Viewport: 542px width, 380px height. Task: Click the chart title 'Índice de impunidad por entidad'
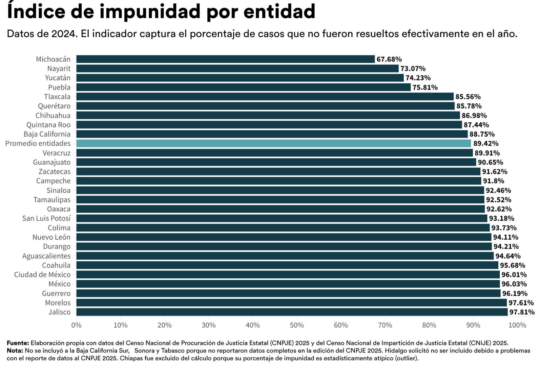click(161, 12)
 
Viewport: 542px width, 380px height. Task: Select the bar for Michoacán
click(226, 59)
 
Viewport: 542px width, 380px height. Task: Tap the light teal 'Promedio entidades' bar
click(274, 143)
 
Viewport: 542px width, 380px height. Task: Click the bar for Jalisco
click(292, 312)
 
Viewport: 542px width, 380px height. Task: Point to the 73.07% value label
click(413, 68)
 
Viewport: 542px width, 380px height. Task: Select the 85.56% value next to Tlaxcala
click(468, 97)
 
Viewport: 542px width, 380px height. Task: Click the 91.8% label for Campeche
click(494, 181)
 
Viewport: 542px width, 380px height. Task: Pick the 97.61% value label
click(521, 303)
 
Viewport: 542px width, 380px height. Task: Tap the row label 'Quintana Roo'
click(48, 125)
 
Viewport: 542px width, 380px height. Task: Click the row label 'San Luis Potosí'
click(46, 218)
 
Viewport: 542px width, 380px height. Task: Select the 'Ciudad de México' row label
click(42, 275)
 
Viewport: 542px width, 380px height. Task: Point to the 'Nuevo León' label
click(51, 237)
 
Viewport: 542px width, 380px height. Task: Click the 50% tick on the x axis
click(297, 325)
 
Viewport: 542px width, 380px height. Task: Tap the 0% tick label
click(77, 325)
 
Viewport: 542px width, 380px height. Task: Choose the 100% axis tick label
click(517, 325)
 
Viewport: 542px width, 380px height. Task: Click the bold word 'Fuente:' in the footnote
click(18, 343)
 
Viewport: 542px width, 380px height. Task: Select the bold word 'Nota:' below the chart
click(15, 351)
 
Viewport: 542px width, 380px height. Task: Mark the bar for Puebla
click(244, 87)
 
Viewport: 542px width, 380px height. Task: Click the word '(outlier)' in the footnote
click(407, 358)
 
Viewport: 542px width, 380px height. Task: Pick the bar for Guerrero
click(288, 293)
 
